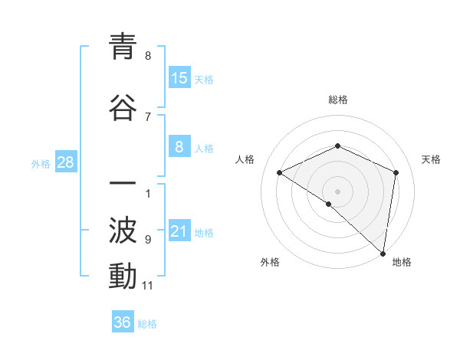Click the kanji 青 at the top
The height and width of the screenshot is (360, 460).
coord(123,47)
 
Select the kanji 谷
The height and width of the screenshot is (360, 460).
coord(123,107)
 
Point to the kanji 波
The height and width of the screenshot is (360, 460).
coord(123,229)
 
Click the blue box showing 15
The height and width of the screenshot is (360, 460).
coord(179,78)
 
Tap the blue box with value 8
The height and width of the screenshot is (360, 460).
coord(179,148)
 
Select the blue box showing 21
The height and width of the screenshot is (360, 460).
coord(179,232)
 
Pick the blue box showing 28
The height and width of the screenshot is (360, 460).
coord(64,162)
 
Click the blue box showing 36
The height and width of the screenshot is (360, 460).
coord(123,322)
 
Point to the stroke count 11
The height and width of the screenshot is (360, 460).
coord(148,286)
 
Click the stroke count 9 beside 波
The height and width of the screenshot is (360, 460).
coord(148,239)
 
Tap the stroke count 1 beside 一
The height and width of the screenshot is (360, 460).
coord(148,193)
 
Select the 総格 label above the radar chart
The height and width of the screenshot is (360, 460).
coord(338,100)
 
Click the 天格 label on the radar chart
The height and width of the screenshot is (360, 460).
coord(431,159)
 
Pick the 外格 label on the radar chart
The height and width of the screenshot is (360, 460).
coord(270,262)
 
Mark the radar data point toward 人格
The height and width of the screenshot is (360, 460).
coord(280,172)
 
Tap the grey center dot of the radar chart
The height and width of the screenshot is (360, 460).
coord(337,191)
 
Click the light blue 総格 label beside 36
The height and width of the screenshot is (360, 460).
coord(147,324)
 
